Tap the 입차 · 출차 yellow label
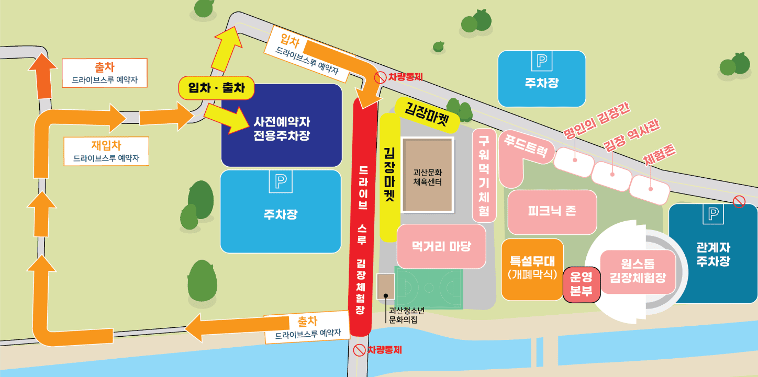tap(216, 88)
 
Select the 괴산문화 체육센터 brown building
tap(428, 175)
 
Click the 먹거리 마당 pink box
tap(441, 246)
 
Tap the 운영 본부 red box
tap(581, 285)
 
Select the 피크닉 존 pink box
tap(552, 211)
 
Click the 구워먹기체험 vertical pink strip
tap(484, 175)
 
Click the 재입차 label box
tap(106, 151)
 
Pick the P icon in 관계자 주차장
tap(713, 214)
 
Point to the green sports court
tap(429, 288)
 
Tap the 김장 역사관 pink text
tap(631, 137)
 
